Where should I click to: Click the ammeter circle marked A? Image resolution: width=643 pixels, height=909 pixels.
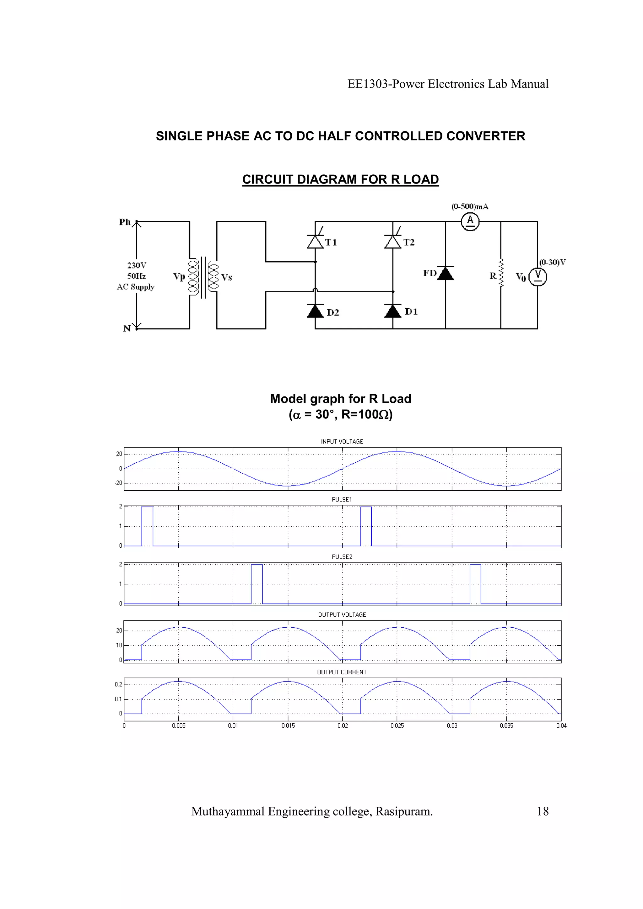click(x=470, y=221)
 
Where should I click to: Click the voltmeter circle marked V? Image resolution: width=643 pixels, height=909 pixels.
click(x=538, y=277)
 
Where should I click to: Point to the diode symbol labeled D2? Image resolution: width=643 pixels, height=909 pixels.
click(x=315, y=311)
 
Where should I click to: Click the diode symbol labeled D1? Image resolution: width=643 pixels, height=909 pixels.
click(x=393, y=311)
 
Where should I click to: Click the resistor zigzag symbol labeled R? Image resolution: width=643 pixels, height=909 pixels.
click(x=501, y=273)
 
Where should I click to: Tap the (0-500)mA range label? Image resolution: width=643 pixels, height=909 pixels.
click(x=470, y=207)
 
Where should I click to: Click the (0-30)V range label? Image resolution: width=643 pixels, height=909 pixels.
click(x=552, y=262)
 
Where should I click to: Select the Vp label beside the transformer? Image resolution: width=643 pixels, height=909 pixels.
click(x=179, y=276)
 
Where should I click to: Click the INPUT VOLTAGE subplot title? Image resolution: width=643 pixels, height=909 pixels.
click(x=342, y=441)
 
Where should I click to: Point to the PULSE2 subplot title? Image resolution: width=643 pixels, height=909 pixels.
click(x=342, y=557)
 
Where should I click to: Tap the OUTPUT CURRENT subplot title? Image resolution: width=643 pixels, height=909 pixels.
click(x=342, y=672)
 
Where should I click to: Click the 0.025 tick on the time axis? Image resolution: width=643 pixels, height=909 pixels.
click(x=397, y=725)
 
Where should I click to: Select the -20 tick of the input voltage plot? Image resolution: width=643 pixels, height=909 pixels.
click(x=118, y=483)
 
